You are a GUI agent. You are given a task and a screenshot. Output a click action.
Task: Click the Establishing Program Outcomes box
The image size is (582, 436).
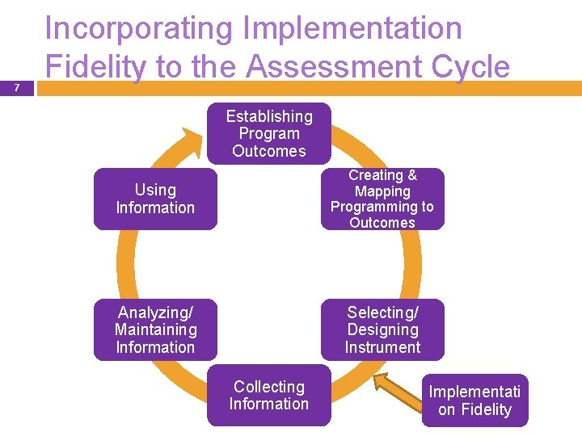coord(268,133)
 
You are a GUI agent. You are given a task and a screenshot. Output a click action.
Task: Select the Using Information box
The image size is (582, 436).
coord(155,199)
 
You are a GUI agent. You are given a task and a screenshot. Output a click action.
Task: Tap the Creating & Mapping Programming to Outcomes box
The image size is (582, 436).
coord(382,199)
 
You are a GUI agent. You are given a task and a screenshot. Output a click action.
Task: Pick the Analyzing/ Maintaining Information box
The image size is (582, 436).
coord(155,329)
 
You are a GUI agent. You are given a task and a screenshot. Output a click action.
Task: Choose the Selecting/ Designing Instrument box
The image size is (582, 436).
coord(382,329)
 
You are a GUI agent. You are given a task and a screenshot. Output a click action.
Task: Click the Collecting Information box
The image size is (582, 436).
coord(268,396)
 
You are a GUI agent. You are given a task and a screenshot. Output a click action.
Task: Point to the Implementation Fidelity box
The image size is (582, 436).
coord(474,400)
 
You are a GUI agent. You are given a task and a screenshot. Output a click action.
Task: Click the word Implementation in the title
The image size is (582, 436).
coord(353,29)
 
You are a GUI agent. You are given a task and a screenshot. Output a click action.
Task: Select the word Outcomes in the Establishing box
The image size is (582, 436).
coord(269,151)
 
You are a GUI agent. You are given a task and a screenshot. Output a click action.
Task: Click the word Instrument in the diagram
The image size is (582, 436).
coord(382,347)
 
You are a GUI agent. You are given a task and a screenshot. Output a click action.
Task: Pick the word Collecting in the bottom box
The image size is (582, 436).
coord(269,387)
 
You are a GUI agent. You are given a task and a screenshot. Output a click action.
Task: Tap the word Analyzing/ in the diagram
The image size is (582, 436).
coord(155,312)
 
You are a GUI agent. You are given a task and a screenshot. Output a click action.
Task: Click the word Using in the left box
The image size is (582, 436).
coord(155,190)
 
